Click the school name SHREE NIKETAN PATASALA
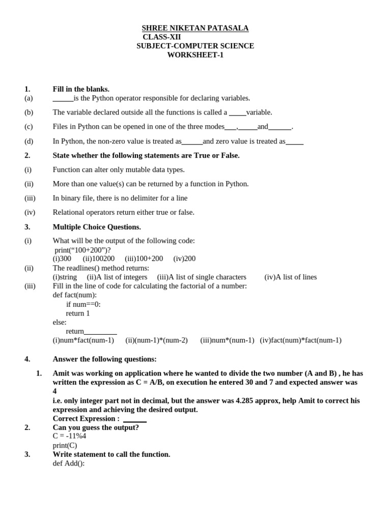pyautogui.click(x=195, y=28)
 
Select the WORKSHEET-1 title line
pyautogui.click(x=195, y=55)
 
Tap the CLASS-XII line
pyautogui.click(x=161, y=37)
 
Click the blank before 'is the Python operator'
pyautogui.click(x=63, y=99)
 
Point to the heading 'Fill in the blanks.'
pyautogui.click(x=81, y=89)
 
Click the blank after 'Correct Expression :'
pyautogui.click(x=135, y=419)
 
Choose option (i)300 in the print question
pyautogui.click(x=62, y=258)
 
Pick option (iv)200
pyautogui.click(x=184, y=258)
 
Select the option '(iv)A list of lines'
pyautogui.click(x=290, y=277)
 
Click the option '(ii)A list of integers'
pyautogui.click(x=117, y=277)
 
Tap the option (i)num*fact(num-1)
pyautogui.click(x=83, y=340)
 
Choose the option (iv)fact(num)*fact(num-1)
pyautogui.click(x=300, y=340)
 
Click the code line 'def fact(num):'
pyautogui.click(x=74, y=295)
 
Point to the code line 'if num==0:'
pyautogui.click(x=83, y=304)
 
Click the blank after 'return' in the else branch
pyautogui.click(x=100, y=332)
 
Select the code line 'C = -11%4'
pyautogui.click(x=69, y=436)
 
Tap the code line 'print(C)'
pyautogui.click(x=65, y=445)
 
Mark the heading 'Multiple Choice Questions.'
pyautogui.click(x=97, y=227)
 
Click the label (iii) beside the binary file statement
pyautogui.click(x=30, y=198)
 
